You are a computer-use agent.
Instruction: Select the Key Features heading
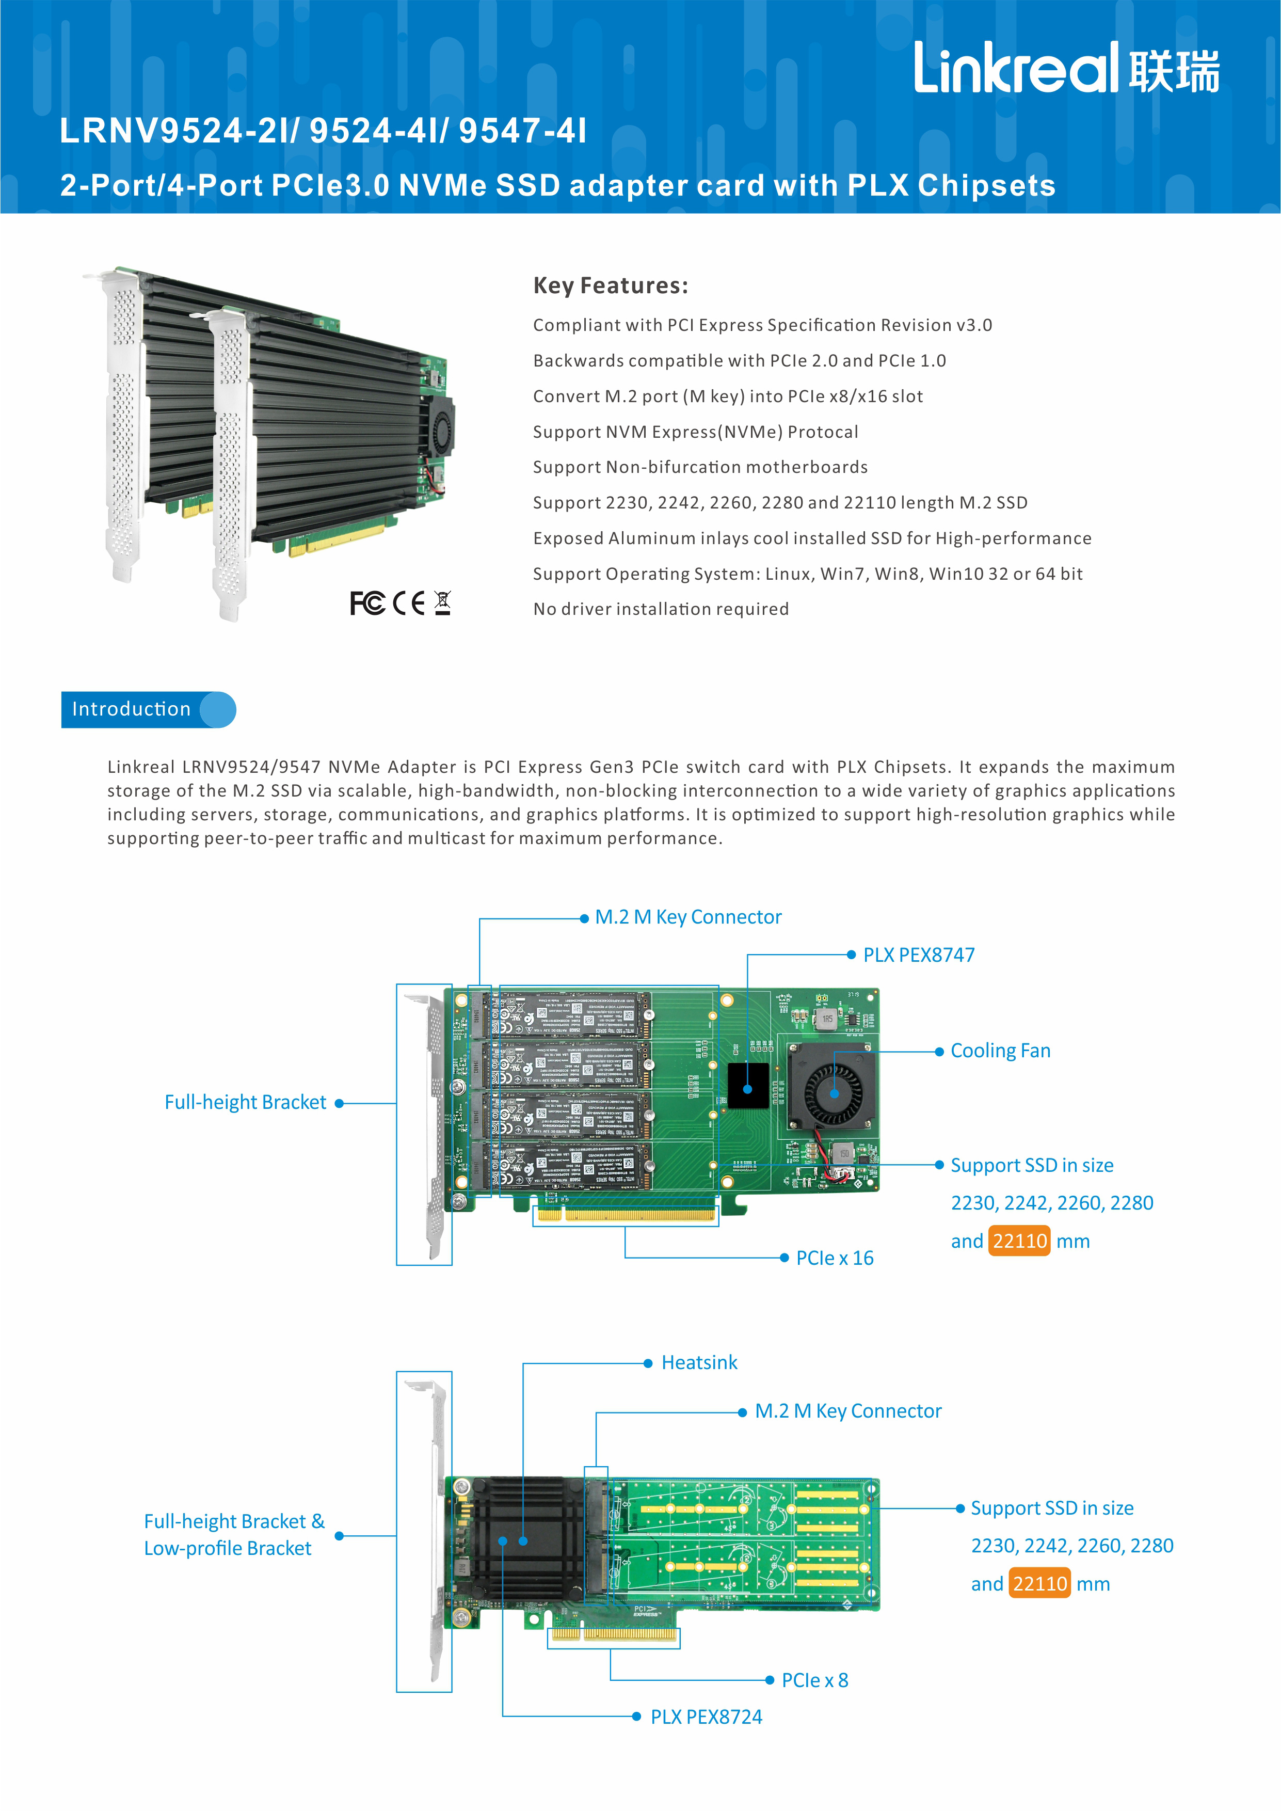point(611,285)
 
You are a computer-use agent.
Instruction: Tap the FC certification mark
point(367,603)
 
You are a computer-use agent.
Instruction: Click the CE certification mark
point(409,603)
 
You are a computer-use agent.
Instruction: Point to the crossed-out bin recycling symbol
point(442,603)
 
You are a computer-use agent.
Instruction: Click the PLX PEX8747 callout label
point(918,955)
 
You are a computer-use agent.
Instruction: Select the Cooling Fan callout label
point(1000,1051)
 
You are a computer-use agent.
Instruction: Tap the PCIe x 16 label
point(835,1258)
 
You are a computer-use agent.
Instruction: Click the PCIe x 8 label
point(815,1680)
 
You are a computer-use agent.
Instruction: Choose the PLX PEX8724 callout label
point(706,1717)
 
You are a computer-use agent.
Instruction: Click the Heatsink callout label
point(699,1362)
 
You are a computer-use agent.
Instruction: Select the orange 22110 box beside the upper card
point(1019,1241)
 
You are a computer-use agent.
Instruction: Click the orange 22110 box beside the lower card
point(1039,1584)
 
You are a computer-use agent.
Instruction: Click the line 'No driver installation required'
point(660,609)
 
